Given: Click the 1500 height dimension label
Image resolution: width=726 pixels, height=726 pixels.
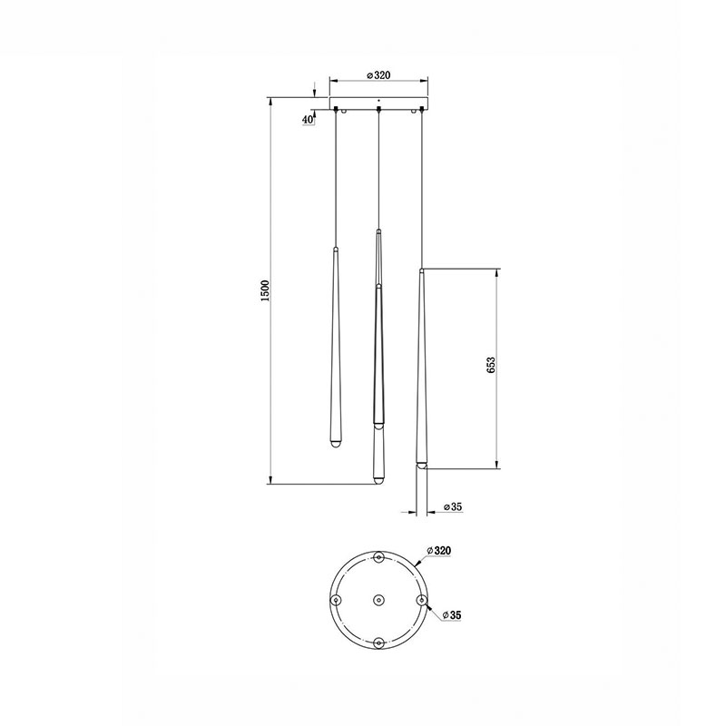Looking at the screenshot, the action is click(x=264, y=290).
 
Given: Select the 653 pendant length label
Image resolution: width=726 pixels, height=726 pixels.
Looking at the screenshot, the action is click(x=491, y=365).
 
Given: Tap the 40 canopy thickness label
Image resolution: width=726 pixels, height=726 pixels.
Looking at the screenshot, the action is click(x=308, y=120).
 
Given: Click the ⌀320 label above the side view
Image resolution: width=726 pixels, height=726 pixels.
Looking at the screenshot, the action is click(x=378, y=75).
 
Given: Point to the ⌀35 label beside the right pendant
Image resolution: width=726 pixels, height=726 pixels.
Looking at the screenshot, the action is click(x=453, y=507).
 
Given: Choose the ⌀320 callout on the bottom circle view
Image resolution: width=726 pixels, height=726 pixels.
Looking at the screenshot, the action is click(x=439, y=551).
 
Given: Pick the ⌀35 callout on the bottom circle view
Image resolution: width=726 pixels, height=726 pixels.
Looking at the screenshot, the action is click(x=452, y=615).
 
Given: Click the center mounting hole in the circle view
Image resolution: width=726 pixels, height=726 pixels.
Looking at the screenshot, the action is click(x=378, y=600).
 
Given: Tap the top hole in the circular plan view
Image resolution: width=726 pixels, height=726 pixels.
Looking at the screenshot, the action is click(x=378, y=557).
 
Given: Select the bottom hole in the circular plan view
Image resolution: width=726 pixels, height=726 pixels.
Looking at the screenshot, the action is click(x=378, y=643).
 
